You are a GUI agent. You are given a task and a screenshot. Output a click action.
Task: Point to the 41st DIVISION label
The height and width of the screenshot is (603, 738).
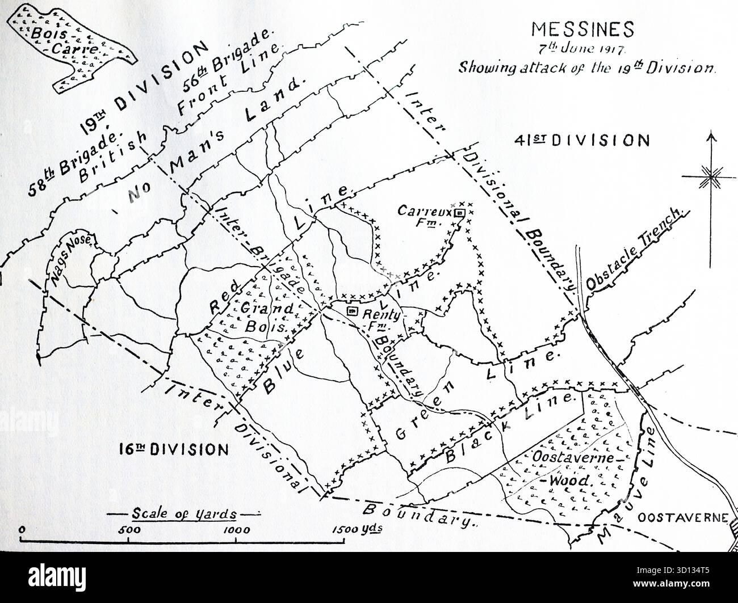(x=581, y=140)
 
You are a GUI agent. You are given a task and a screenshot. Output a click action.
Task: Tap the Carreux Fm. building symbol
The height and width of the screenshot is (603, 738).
(x=460, y=213)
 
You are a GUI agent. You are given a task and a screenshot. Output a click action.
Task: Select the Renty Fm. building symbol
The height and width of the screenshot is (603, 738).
(x=351, y=311)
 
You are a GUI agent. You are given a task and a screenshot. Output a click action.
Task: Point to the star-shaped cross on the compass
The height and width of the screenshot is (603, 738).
(x=709, y=177)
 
